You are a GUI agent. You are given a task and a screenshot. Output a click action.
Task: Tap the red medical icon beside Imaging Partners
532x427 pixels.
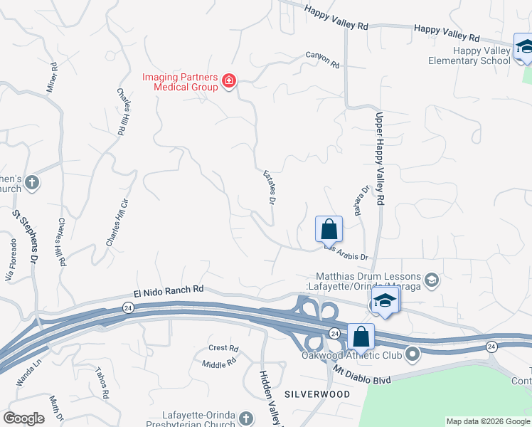coord(229,81)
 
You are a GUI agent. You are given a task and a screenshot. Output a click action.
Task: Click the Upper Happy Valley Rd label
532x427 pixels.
coord(379,159)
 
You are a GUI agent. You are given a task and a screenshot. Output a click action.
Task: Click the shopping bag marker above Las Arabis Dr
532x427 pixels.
coord(329,230)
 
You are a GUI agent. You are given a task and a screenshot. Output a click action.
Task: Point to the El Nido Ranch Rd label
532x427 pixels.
coord(169,290)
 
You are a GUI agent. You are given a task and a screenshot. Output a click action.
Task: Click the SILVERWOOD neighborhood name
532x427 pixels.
coord(317,394)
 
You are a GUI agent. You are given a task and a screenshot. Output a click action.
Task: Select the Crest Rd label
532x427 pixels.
coord(223,348)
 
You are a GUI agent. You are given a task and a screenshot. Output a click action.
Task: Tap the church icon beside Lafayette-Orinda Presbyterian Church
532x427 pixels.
coord(246,418)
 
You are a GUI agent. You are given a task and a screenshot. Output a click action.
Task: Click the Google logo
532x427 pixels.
coord(23,418)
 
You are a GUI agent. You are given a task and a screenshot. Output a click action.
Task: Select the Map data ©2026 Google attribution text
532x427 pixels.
coord(487,421)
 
